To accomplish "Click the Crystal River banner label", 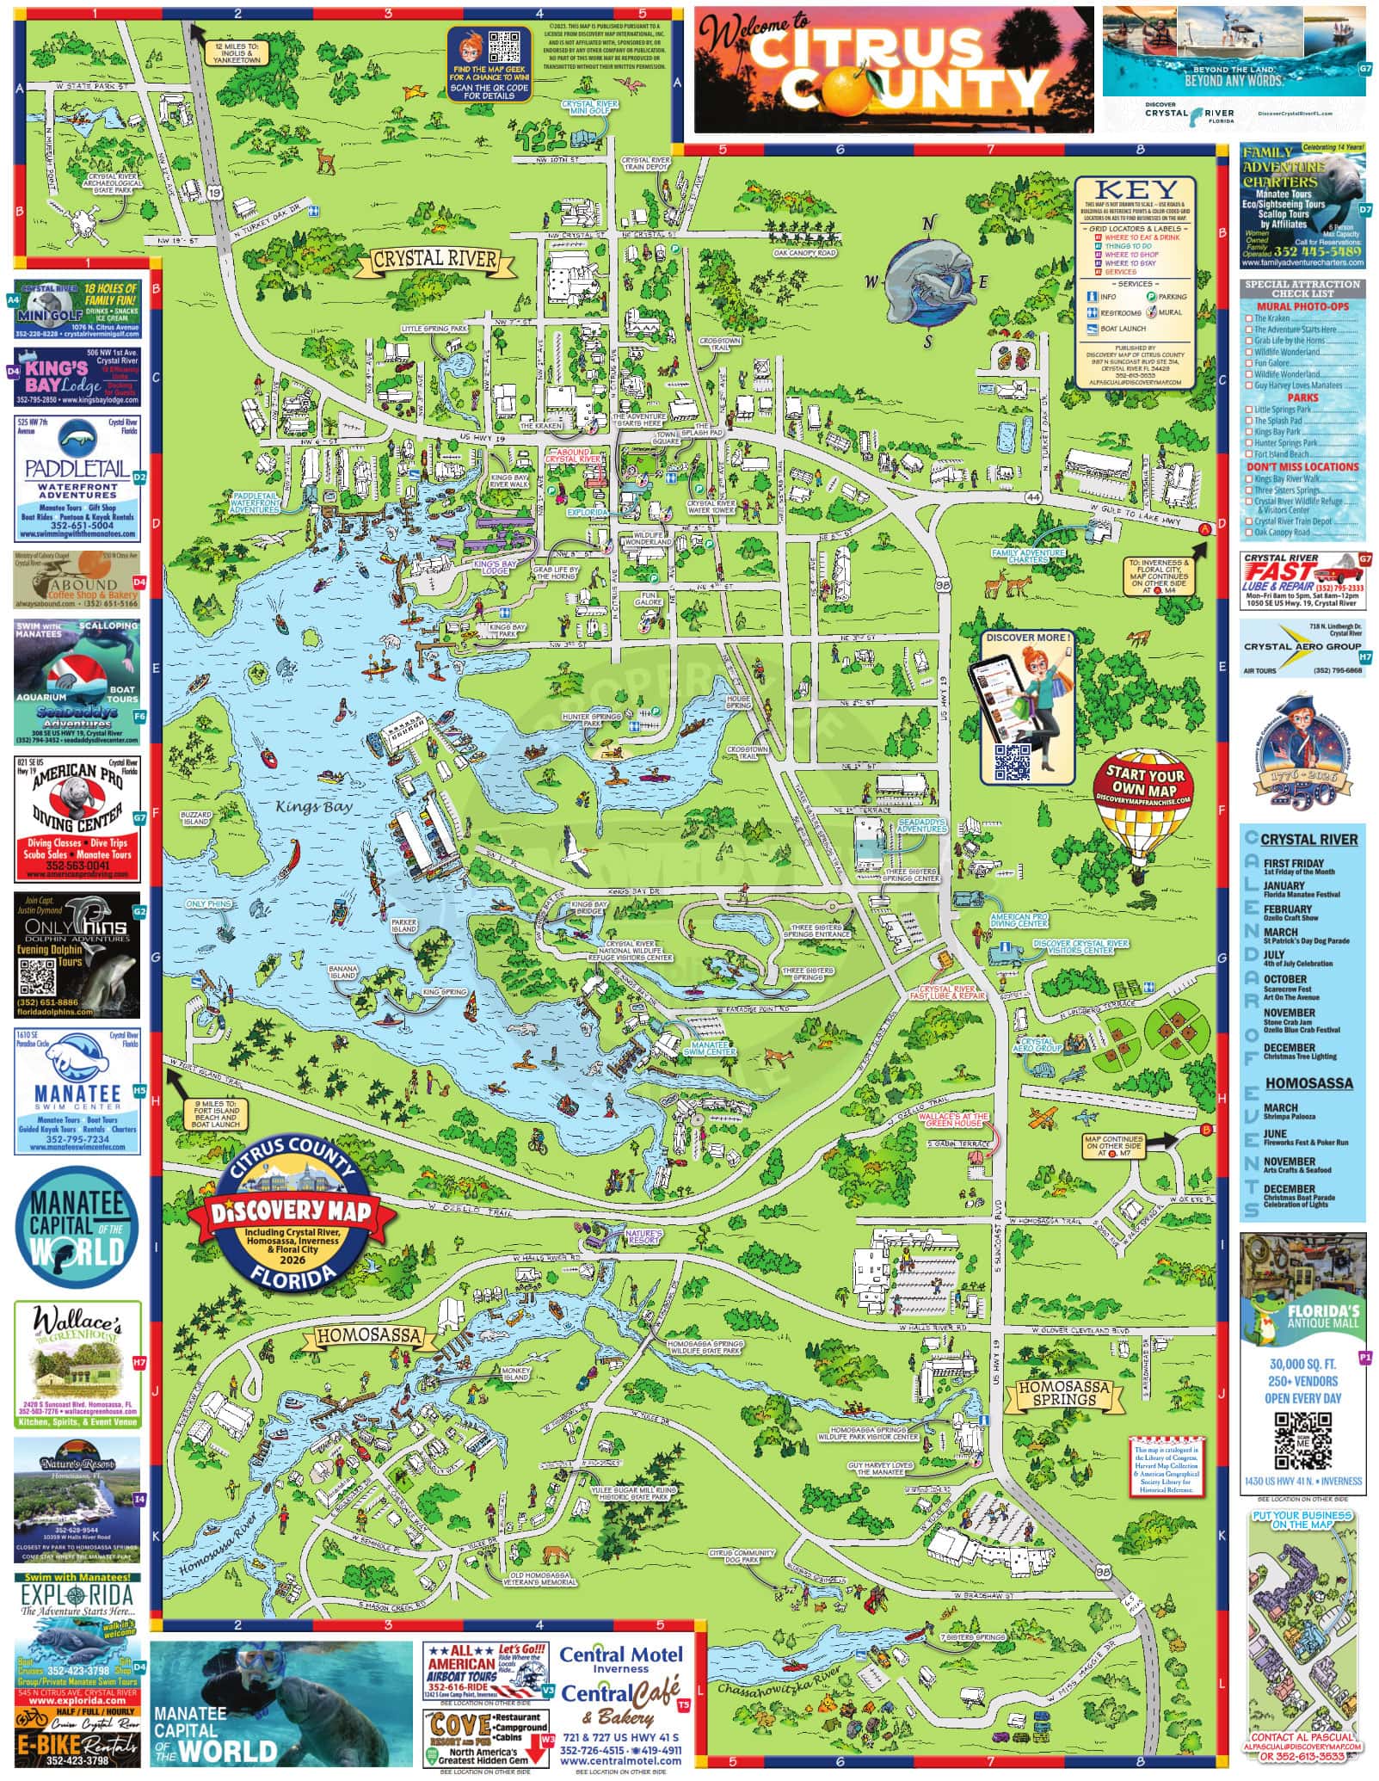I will tap(435, 258).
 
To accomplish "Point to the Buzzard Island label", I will tap(195, 818).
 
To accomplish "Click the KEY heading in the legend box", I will tap(1136, 189).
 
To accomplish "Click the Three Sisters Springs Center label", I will tap(911, 875).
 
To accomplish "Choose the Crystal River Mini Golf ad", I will tap(77, 307).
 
